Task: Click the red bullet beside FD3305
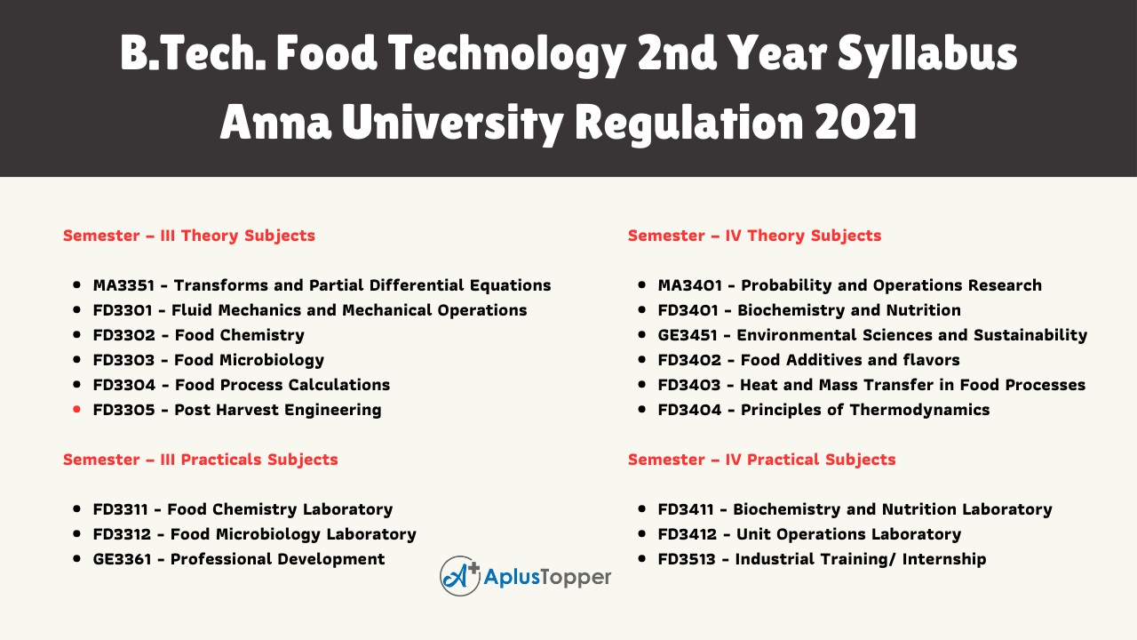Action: coord(76,410)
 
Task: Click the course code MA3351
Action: coord(123,285)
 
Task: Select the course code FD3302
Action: coord(123,335)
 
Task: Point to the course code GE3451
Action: coord(688,335)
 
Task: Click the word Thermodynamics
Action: coord(919,411)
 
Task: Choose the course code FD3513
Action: coord(687,559)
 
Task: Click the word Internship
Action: coord(944,560)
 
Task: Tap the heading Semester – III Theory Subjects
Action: coord(189,236)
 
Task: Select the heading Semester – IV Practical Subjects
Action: coord(761,460)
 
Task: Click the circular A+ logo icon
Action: coord(460,576)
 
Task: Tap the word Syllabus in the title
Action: coord(927,54)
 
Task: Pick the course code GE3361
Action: coord(123,559)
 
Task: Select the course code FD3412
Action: coord(688,534)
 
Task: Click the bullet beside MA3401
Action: coord(642,285)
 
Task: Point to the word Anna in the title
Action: coord(275,122)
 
